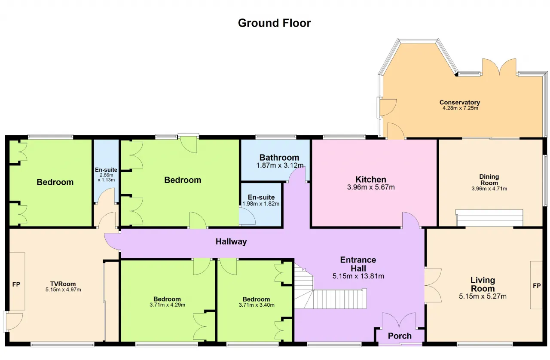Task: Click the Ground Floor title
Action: [274, 23]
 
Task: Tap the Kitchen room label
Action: [371, 180]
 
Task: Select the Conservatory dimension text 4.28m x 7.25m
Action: [460, 108]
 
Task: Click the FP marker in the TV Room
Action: [16, 284]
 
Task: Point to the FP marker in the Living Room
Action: [537, 286]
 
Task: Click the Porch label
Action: [400, 336]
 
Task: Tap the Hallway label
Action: [231, 241]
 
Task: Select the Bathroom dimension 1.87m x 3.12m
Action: [280, 165]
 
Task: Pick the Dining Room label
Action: [489, 180]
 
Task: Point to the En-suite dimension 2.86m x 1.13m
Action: [106, 177]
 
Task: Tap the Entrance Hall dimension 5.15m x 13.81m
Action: [358, 276]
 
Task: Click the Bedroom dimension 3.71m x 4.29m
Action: [168, 305]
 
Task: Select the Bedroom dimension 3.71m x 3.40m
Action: [257, 305]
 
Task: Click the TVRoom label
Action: [63, 284]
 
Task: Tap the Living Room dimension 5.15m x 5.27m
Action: [483, 296]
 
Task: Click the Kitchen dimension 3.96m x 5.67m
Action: [371, 187]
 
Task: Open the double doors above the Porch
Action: [399, 321]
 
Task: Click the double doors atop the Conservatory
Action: [499, 67]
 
